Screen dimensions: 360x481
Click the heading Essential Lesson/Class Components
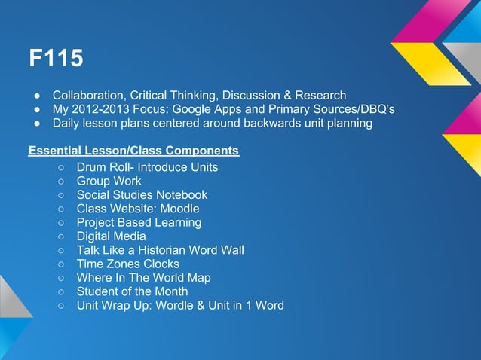point(133,151)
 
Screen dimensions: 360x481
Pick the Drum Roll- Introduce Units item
point(147,166)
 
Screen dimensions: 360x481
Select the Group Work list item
point(109,181)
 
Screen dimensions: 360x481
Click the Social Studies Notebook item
point(142,194)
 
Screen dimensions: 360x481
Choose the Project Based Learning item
point(139,222)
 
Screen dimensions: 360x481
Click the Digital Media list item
point(111,236)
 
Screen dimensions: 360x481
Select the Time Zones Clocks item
point(127,264)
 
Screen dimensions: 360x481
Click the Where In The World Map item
point(143,278)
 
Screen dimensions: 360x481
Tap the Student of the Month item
point(132,291)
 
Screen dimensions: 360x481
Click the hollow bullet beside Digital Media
point(60,236)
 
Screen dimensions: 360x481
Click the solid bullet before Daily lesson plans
point(35,124)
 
